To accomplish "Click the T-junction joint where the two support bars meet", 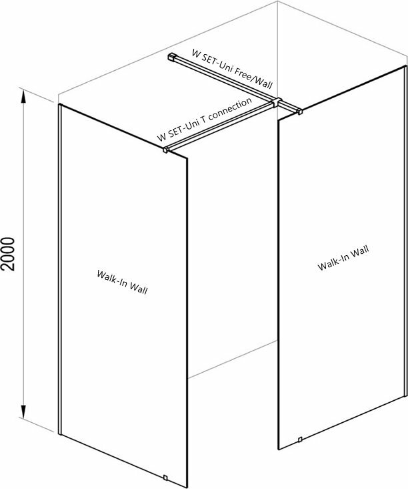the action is click(x=277, y=102).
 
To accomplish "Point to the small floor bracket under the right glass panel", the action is click(x=300, y=439).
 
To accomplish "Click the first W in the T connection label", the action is click(x=161, y=138).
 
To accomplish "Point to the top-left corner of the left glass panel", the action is click(x=60, y=105).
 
